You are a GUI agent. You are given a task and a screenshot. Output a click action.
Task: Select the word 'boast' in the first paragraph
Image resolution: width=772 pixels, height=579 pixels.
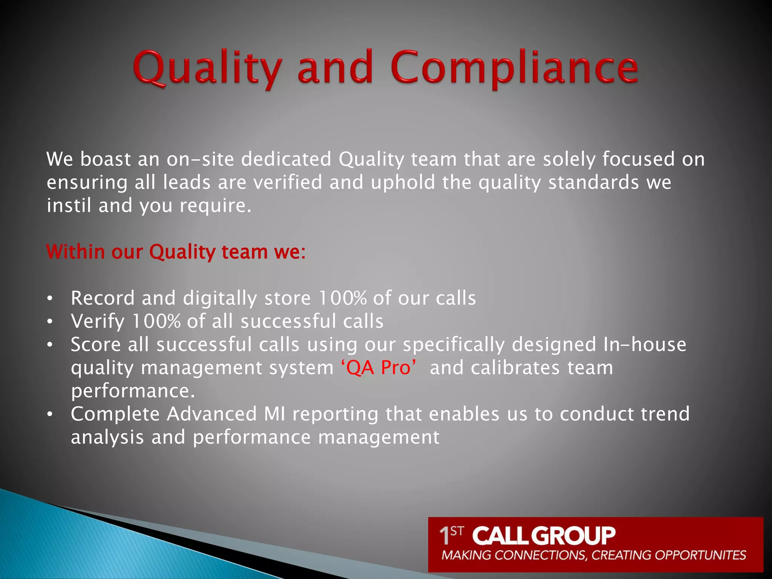tap(105, 159)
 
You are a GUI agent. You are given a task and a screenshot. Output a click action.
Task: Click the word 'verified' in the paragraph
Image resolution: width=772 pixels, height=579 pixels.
tap(288, 182)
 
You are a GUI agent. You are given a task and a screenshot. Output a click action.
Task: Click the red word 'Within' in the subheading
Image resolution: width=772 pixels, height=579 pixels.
tap(75, 252)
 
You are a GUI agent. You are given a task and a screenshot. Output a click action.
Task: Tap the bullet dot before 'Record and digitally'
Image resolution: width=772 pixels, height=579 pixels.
tap(50, 299)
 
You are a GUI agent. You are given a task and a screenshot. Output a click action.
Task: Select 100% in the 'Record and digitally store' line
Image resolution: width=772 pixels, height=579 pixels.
tap(342, 298)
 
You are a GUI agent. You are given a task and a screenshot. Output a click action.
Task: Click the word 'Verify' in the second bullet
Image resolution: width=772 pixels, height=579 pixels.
tap(98, 322)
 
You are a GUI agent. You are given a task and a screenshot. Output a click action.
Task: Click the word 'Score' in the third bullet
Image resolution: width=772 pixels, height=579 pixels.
tap(96, 345)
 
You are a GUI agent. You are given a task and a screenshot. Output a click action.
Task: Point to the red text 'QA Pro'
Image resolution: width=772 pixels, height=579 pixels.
tap(378, 368)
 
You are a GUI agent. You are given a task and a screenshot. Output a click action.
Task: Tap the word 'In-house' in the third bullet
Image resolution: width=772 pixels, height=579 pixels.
tap(645, 345)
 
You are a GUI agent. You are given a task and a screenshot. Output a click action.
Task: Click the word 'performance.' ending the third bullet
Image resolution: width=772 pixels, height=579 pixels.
tap(133, 391)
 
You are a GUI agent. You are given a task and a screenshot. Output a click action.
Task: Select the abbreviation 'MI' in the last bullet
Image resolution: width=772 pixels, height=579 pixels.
tap(274, 414)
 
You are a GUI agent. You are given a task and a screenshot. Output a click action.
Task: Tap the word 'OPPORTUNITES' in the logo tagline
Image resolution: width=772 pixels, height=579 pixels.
tap(700, 555)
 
